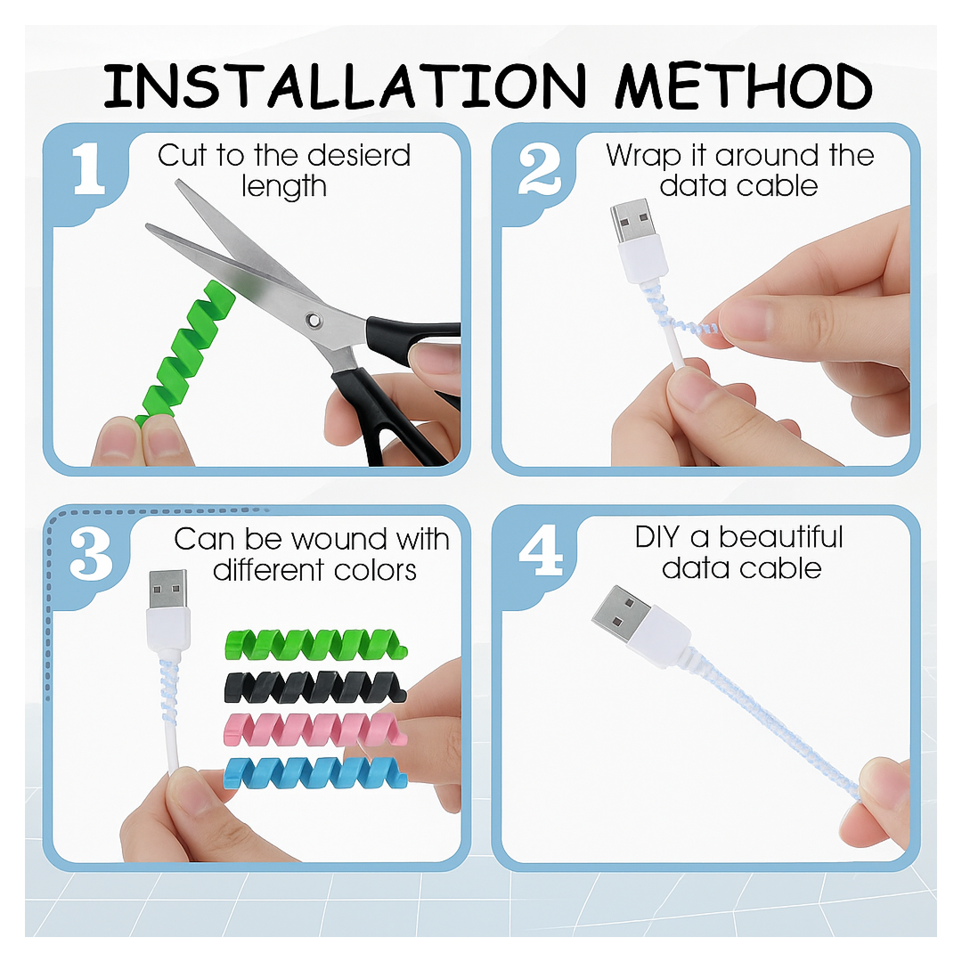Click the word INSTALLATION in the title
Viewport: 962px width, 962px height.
344,86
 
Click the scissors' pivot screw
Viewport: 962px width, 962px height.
314,319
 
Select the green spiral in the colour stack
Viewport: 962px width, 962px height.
315,643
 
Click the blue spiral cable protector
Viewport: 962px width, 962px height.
315,771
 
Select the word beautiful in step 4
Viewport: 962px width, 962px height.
781,538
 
